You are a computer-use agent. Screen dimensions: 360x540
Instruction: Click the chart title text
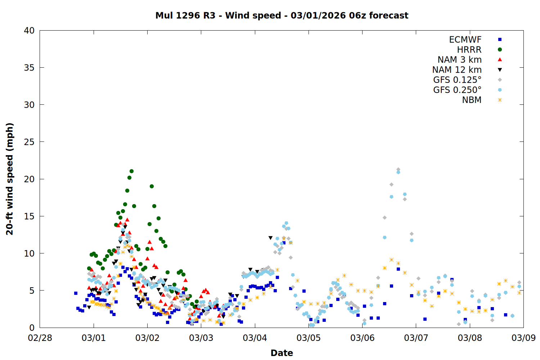[282, 15]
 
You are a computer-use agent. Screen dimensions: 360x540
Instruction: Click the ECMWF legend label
[465, 40]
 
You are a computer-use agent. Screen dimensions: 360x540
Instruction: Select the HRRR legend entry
[469, 50]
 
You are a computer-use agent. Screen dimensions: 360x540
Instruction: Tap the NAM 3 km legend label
[459, 60]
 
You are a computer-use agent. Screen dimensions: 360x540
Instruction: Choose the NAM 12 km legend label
[457, 70]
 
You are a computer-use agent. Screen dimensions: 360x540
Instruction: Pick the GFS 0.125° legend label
[457, 80]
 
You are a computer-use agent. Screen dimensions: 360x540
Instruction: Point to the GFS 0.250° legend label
[457, 90]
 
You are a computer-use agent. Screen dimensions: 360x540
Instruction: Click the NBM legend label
[472, 100]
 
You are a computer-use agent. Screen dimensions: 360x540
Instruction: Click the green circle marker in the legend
[500, 50]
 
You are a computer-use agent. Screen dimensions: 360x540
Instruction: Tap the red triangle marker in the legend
[500, 60]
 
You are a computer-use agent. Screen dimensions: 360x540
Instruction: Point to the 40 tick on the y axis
[29, 31]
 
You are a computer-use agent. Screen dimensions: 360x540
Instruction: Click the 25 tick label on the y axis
[29, 142]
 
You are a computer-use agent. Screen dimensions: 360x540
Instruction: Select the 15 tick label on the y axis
[29, 216]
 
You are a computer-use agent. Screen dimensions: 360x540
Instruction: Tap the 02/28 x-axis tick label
[40, 338]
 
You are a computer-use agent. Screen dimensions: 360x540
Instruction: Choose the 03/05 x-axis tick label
[309, 338]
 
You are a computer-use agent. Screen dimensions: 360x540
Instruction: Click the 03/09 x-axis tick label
[523, 338]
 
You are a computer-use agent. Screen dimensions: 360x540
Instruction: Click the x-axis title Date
[282, 353]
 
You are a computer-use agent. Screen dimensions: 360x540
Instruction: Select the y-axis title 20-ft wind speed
[10, 179]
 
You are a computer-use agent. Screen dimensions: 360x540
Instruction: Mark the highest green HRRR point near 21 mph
[131, 171]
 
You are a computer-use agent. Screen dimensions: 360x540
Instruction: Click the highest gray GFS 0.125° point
[398, 169]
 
